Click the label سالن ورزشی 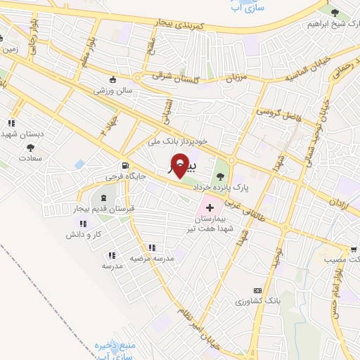[112, 90]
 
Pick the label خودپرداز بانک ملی [178, 141]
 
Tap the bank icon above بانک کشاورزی [257, 290]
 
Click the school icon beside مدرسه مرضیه [152, 247]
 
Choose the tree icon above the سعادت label [30, 148]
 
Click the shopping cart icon [353, 249]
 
